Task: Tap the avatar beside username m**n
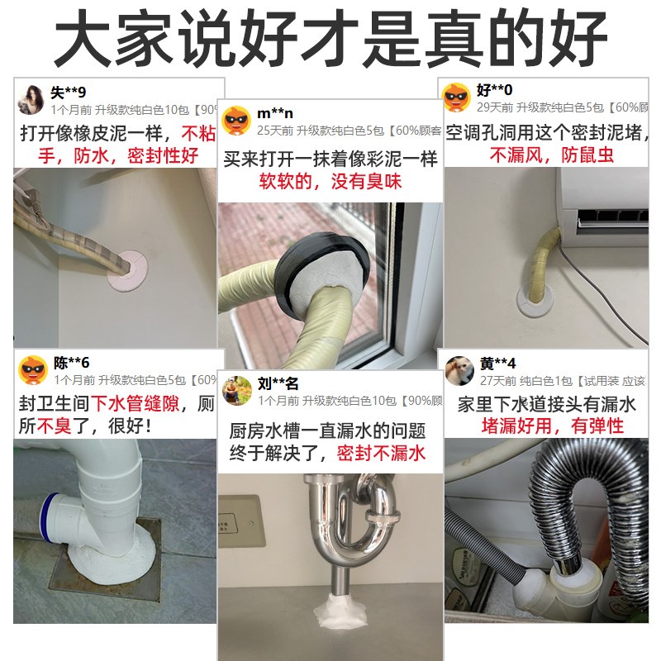(x=238, y=119)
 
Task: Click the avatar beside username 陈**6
(x=34, y=369)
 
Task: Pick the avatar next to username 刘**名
(x=238, y=389)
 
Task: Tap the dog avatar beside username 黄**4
(x=459, y=369)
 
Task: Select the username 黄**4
(x=498, y=364)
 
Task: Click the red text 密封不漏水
(x=381, y=453)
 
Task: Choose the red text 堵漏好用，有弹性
(x=553, y=426)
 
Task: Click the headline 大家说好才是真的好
(x=330, y=37)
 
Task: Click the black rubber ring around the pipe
(x=288, y=273)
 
